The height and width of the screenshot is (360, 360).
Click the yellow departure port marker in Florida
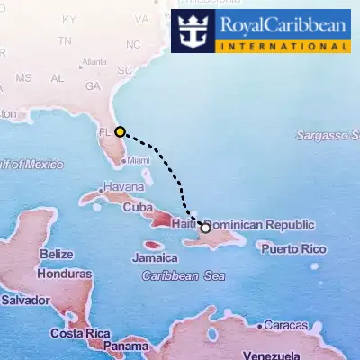tap(120, 131)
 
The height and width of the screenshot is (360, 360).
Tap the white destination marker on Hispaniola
tap(205, 228)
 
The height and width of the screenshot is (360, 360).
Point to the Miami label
tap(139, 160)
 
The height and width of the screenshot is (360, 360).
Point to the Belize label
tap(56, 255)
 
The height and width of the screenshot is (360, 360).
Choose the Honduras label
tap(65, 273)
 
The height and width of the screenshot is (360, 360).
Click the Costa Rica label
tap(79, 333)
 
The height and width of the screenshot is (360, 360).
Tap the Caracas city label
tap(286, 325)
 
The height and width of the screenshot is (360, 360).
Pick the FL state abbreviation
tap(103, 131)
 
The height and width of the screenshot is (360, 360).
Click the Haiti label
tap(183, 223)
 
